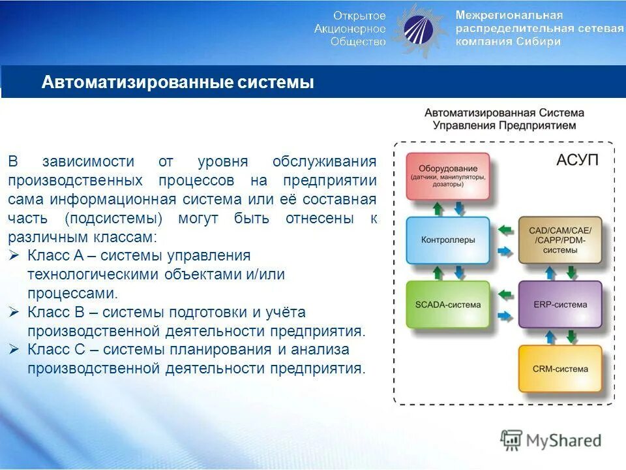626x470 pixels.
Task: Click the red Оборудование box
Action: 447,176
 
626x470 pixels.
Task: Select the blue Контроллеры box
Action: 447,240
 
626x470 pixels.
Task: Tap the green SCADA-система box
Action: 447,305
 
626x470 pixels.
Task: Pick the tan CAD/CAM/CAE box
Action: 559,240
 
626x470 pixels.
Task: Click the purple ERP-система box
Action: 559,305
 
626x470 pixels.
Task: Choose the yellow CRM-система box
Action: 559,369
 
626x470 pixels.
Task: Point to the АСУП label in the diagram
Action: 577,160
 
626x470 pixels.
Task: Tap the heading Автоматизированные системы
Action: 177,83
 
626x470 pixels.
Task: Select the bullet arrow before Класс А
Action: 16,256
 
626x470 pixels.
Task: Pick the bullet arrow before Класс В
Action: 16,313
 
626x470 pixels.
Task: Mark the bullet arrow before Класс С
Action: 16,350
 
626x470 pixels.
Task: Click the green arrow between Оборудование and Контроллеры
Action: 438,208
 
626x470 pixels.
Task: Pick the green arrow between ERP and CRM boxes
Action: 572,336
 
